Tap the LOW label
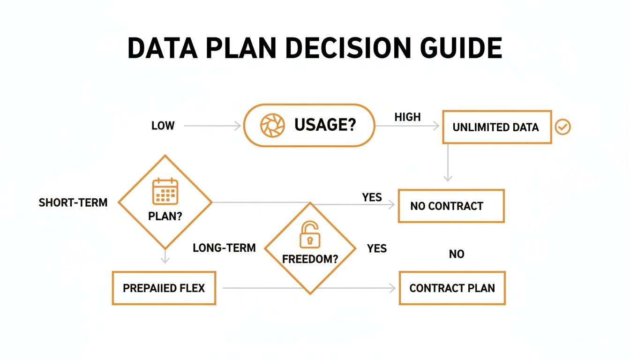pos(163,126)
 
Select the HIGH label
pos(407,117)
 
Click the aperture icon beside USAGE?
pos(272,125)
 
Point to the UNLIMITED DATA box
pos(497,127)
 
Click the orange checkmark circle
pos(562,127)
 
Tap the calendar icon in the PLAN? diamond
pos(165,191)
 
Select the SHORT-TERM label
pos(73,203)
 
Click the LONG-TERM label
pos(224,248)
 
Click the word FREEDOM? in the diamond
pos(310,259)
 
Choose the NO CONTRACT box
pos(451,206)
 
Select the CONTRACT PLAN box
pos(452,288)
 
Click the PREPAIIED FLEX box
pos(164,288)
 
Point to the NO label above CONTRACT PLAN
pos(457,255)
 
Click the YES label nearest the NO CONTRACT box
pos(372,197)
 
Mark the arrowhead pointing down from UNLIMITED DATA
pos(448,178)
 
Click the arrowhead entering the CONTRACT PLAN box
pos(393,288)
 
